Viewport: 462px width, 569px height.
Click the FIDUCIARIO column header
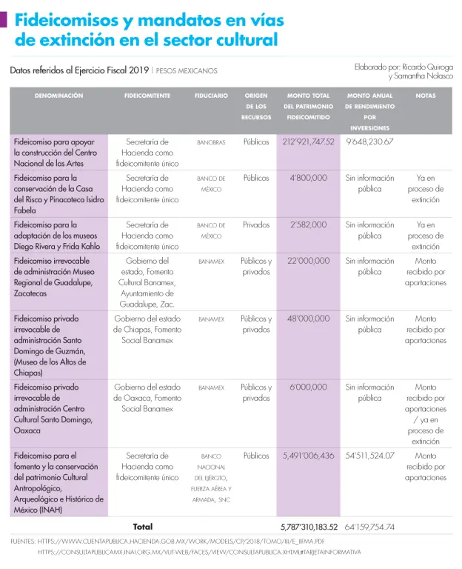click(211, 96)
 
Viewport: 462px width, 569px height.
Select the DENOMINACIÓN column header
click(58, 96)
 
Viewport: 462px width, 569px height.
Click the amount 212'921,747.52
click(308, 142)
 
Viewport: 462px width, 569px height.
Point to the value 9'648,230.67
click(369, 142)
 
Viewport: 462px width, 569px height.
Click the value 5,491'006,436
click(308, 456)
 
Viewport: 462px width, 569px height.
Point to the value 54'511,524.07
click(369, 456)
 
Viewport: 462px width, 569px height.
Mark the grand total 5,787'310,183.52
click(309, 528)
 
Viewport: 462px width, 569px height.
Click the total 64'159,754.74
click(369, 528)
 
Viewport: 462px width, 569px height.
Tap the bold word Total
click(143, 527)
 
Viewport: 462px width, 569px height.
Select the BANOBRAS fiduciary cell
click(211, 142)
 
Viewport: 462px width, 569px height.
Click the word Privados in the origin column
click(256, 224)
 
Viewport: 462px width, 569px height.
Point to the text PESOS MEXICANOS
click(187, 71)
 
